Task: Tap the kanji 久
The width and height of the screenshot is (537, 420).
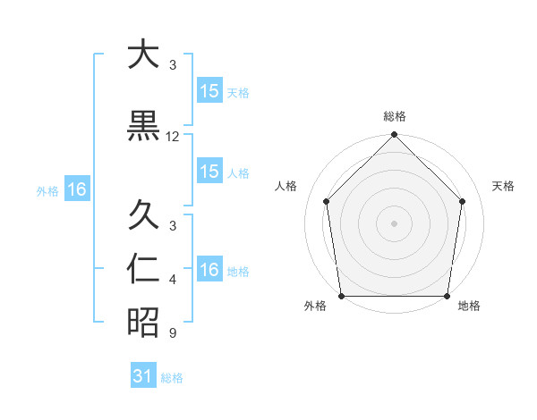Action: click(143, 216)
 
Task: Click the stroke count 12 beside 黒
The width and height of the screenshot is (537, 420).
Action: click(173, 137)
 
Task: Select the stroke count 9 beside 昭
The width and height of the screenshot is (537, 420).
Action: click(173, 333)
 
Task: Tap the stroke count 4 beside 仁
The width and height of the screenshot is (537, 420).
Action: click(173, 280)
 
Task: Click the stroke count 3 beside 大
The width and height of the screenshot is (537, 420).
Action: click(173, 65)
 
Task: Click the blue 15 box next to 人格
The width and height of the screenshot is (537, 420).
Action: click(209, 172)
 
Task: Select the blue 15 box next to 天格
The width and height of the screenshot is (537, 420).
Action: click(209, 91)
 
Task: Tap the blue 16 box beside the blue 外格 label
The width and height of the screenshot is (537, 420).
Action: click(76, 189)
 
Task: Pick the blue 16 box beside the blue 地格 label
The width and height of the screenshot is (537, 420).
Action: click(209, 270)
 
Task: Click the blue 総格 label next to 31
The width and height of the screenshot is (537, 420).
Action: click(172, 378)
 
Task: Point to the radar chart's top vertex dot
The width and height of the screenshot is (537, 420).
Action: click(395, 136)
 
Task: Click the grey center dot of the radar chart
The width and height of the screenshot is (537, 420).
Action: click(395, 223)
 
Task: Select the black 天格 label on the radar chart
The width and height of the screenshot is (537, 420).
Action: click(504, 186)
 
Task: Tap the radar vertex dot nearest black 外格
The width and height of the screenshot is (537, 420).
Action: click(341, 296)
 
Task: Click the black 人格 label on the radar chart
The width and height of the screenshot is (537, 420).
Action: click(286, 186)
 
